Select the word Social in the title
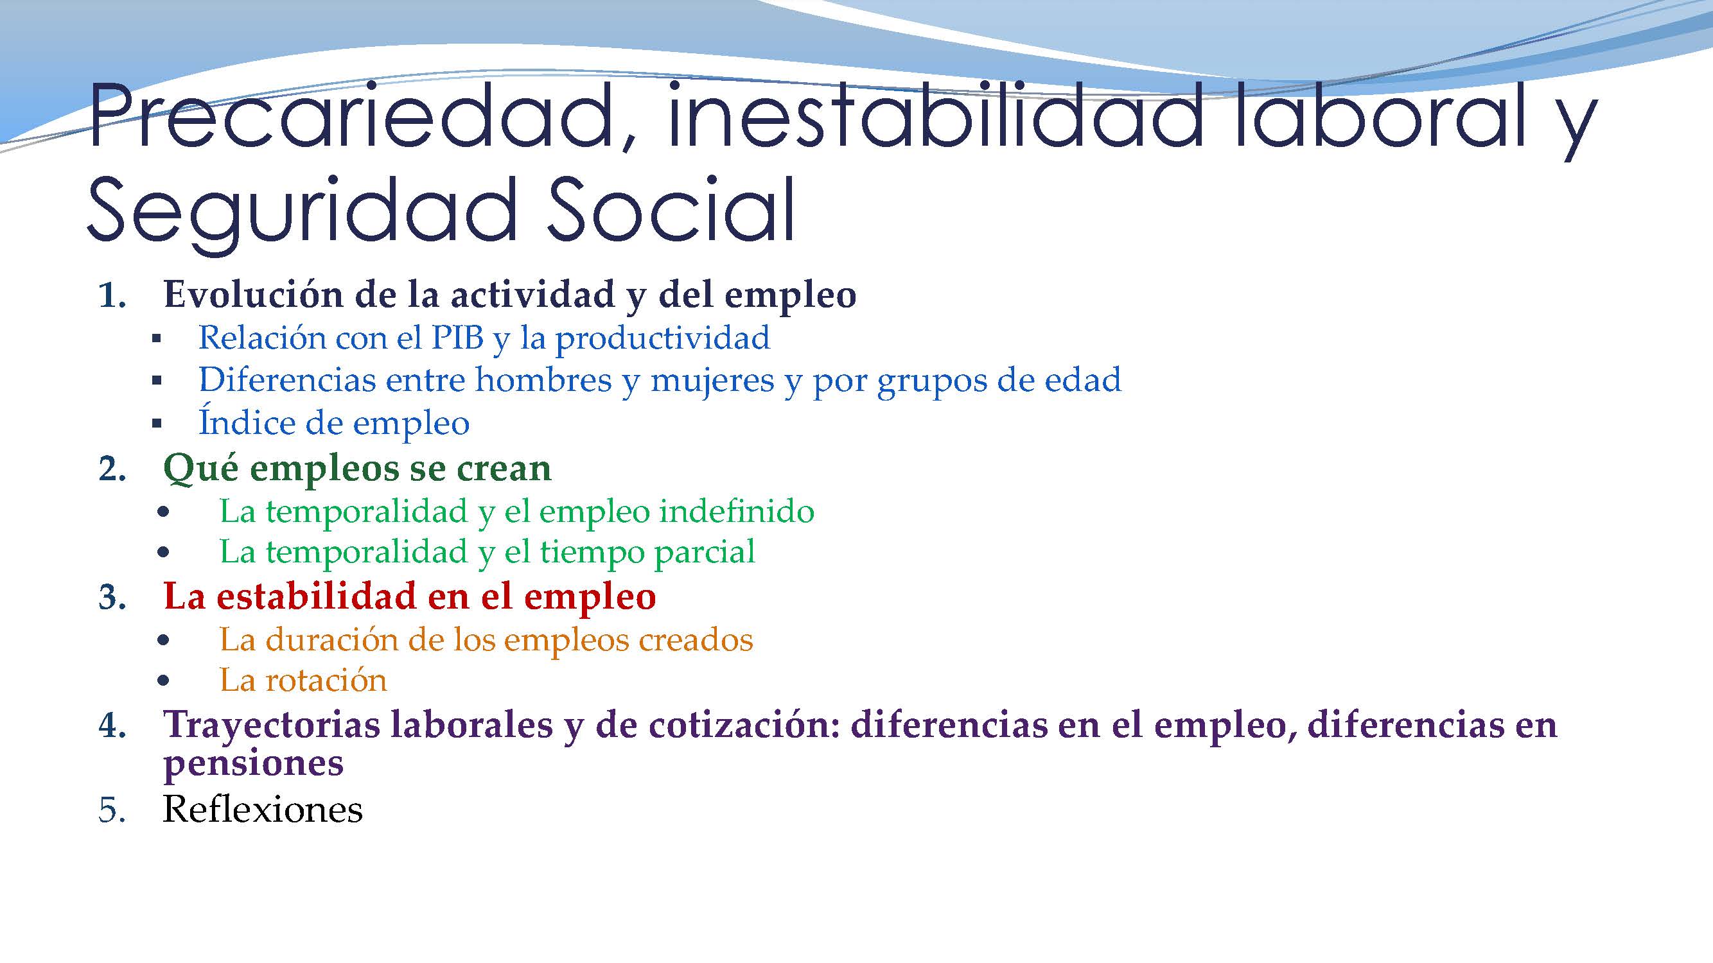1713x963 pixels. pyautogui.click(x=671, y=209)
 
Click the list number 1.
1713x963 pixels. pyautogui.click(x=112, y=296)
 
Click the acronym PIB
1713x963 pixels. pyautogui.click(x=457, y=338)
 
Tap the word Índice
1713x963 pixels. pyautogui.click(x=246, y=422)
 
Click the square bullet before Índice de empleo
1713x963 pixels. pyautogui.click(x=157, y=423)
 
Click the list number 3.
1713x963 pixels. pyautogui.click(x=112, y=598)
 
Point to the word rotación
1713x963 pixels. pyautogui.click(x=326, y=681)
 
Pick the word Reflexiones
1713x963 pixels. pyautogui.click(x=263, y=810)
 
